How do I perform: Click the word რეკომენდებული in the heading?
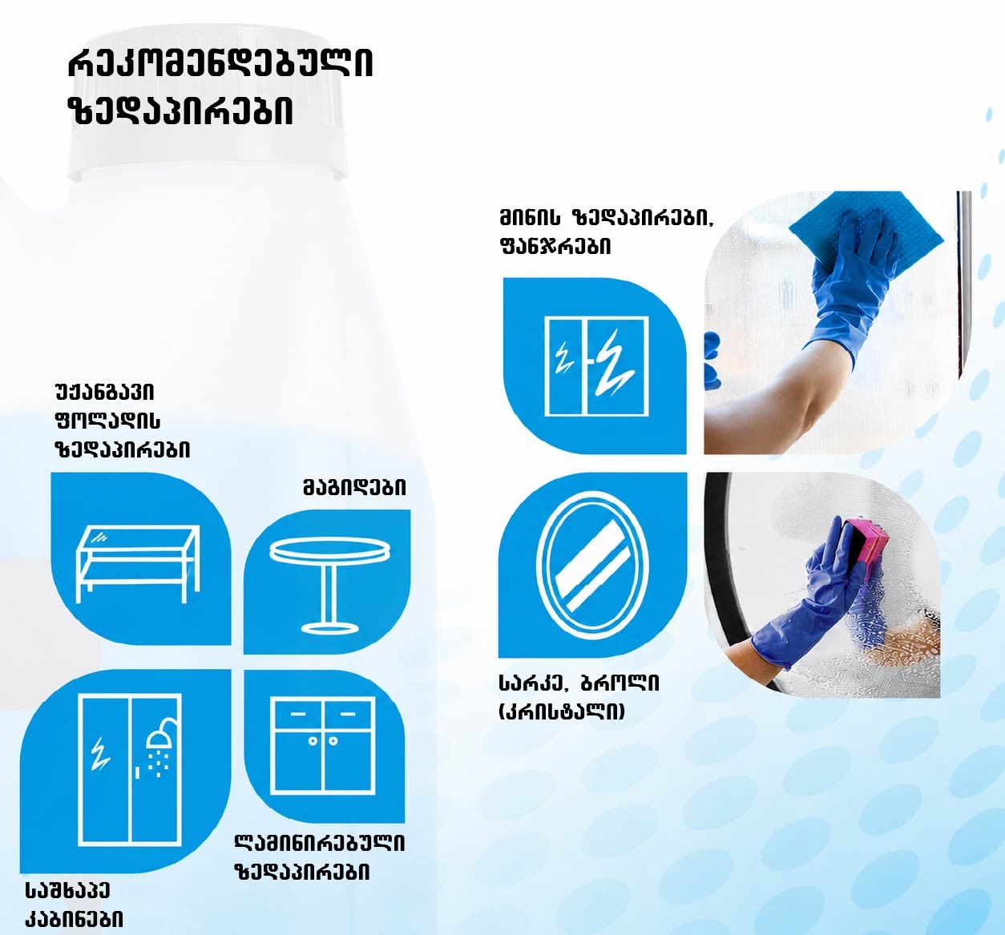point(220,64)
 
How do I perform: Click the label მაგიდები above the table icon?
point(354,488)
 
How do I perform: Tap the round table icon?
point(330,585)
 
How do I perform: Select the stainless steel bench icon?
point(138,564)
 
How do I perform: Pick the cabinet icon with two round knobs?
point(323,746)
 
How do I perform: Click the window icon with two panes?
point(596,366)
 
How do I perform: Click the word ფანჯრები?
point(555,247)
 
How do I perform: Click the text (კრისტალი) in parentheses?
point(562,712)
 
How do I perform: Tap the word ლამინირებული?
point(320,844)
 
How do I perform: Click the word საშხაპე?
point(68,890)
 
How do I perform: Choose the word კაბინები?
point(75,919)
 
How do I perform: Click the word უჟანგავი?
point(105,392)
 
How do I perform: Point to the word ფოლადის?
point(107,421)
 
